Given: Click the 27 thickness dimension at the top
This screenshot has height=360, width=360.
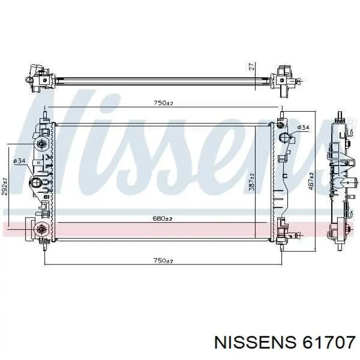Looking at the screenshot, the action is pos(252,66).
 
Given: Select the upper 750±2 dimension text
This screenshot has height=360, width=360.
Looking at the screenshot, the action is pos(163,103).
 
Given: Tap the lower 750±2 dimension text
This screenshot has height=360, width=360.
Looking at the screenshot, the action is pos(163,261).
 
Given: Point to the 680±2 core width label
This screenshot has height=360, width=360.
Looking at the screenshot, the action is pos(163,218).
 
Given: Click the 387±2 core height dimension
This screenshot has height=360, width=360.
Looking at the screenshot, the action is pos(252,182).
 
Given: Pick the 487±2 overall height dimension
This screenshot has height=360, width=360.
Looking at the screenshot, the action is pos(311,182).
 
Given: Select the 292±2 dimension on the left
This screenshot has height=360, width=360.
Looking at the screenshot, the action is pos(5,186).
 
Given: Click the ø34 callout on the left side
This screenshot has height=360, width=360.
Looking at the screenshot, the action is pos(20,161).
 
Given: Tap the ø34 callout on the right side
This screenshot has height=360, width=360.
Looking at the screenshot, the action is pos(303,127).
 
